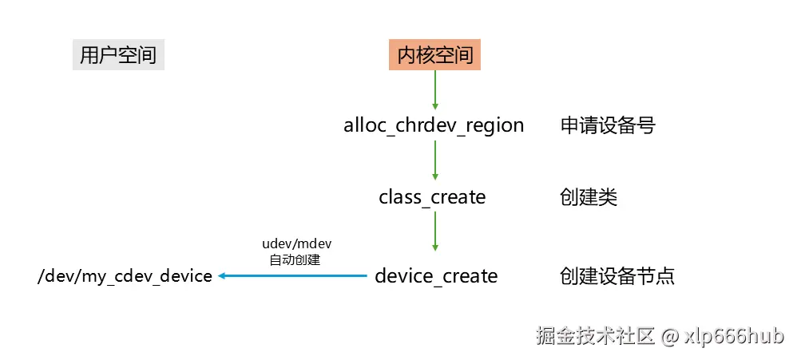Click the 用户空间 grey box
pyautogui.click(x=118, y=55)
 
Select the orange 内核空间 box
pyautogui.click(x=435, y=55)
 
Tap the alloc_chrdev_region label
pyautogui.click(x=434, y=125)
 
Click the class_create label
pyautogui.click(x=432, y=196)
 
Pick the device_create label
pyautogui.click(x=436, y=276)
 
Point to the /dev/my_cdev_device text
pyautogui.click(x=125, y=276)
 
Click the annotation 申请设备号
pyautogui.click(x=608, y=125)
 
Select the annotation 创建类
pyautogui.click(x=589, y=196)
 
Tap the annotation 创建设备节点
pyautogui.click(x=617, y=276)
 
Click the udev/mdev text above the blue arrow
pyautogui.click(x=296, y=243)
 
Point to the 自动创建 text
pyautogui.click(x=296, y=259)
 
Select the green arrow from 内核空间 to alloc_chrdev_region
pyautogui.click(x=435, y=89)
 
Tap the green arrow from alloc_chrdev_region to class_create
pyautogui.click(x=435, y=160)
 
